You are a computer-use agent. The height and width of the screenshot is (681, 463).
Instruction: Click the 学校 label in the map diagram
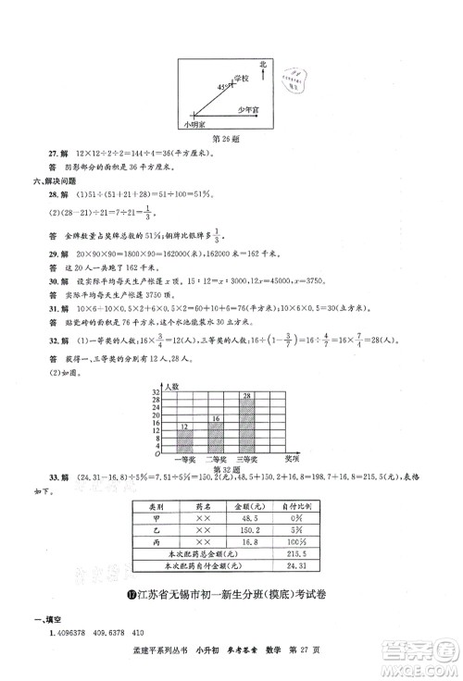[x=243, y=81]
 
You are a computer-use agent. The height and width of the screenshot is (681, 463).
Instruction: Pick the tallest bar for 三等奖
[x=247, y=424]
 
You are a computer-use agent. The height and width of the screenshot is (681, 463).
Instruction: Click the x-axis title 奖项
[x=292, y=456]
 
